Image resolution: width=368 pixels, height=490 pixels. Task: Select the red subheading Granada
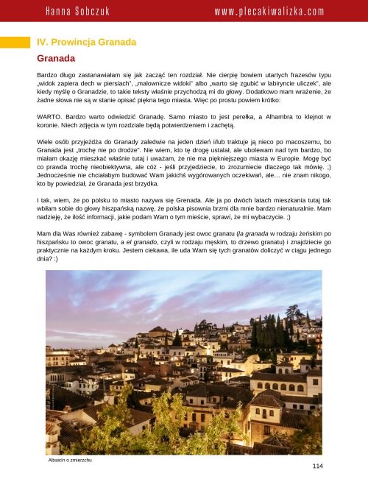tap(57, 57)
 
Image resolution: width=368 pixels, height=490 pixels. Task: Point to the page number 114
tap(317, 466)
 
